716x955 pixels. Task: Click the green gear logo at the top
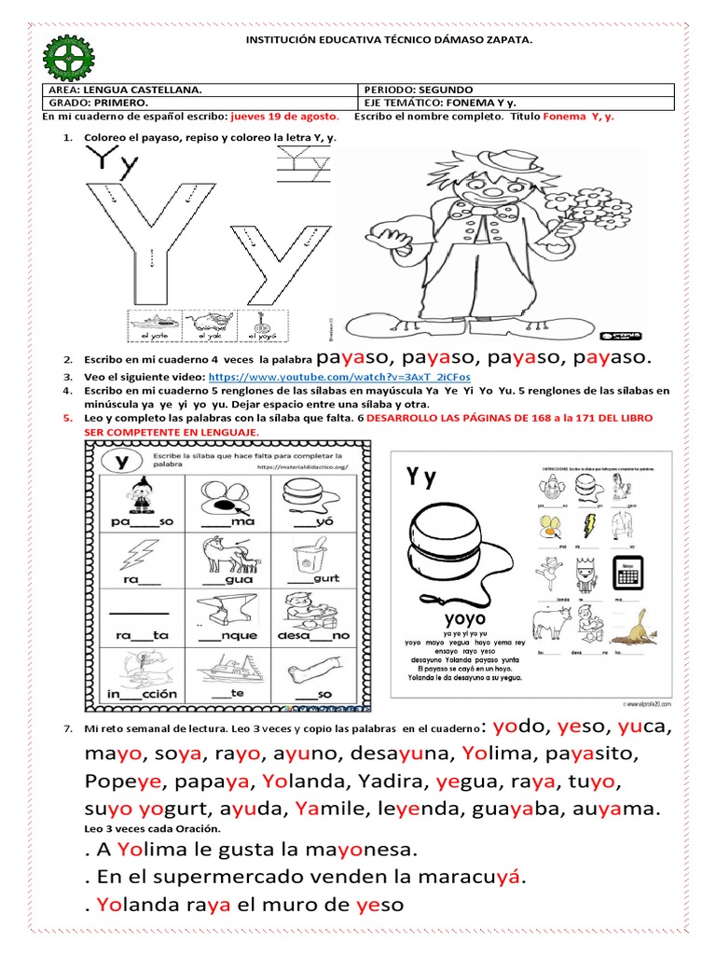pyautogui.click(x=69, y=58)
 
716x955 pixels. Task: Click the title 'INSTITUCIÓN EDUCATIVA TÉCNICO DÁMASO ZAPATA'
pyautogui.click(x=389, y=41)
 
